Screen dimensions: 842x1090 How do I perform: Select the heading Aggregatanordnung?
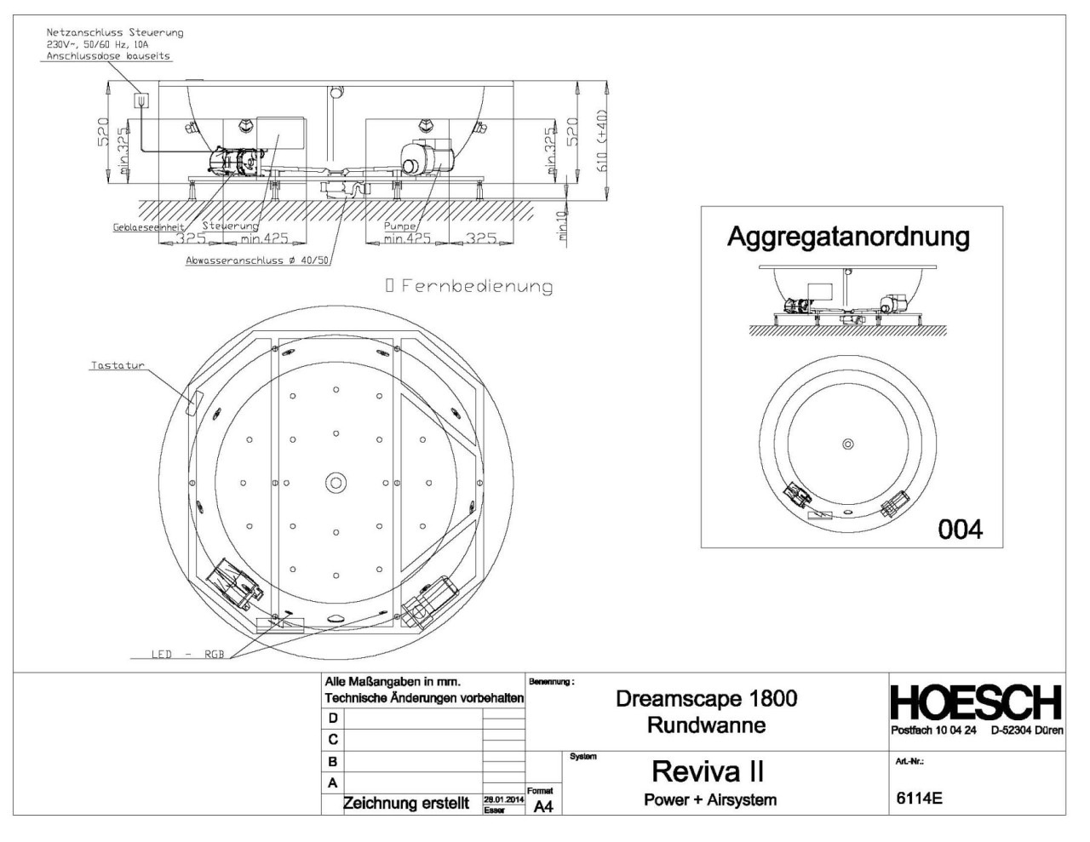(847, 237)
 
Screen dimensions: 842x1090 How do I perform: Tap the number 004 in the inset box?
(960, 530)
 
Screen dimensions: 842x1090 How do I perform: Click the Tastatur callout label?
(118, 366)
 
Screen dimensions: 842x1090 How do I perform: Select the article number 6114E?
(919, 799)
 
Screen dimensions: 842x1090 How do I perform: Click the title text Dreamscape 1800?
(706, 699)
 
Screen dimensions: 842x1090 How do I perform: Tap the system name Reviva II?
(707, 771)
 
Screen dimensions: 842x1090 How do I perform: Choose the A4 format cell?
(542, 806)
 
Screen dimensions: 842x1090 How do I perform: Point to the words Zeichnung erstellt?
(405, 804)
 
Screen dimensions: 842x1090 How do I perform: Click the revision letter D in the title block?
(333, 719)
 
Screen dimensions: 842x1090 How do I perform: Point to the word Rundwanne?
(706, 725)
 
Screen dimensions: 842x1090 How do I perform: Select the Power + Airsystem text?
(710, 800)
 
